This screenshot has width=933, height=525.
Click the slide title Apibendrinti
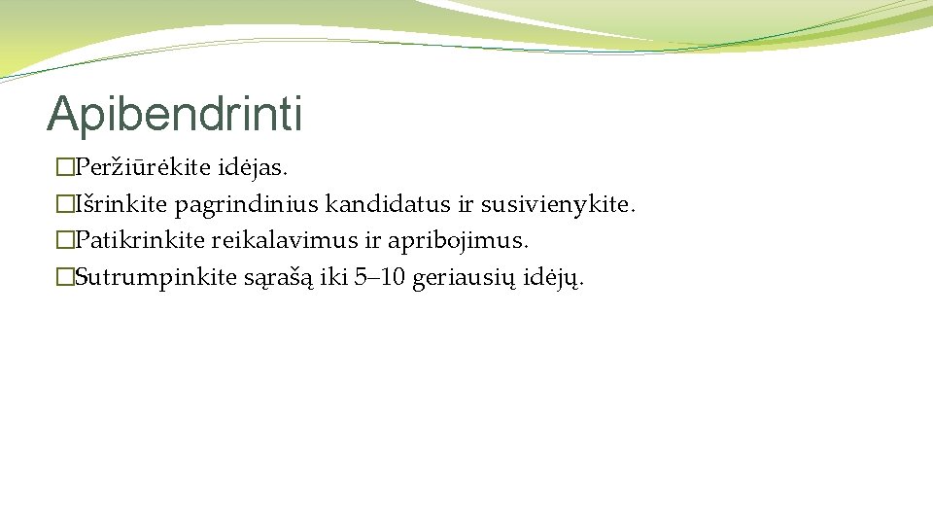tap(175, 114)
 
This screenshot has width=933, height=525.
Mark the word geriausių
tap(456, 279)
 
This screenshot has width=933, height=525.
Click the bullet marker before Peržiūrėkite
tap(65, 168)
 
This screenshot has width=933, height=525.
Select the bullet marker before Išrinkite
tap(65, 205)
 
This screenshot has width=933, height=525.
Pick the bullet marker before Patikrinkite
tap(65, 241)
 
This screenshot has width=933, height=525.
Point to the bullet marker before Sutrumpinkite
tap(65, 278)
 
